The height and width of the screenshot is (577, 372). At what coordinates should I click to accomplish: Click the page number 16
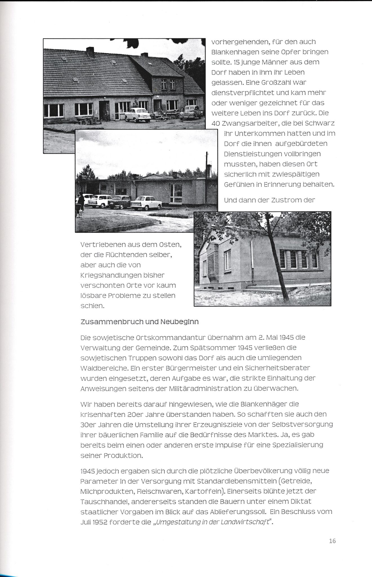(x=332, y=541)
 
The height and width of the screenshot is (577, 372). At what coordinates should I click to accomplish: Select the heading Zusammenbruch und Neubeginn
(x=139, y=322)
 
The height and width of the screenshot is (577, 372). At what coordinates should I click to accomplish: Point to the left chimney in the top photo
(x=90, y=52)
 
